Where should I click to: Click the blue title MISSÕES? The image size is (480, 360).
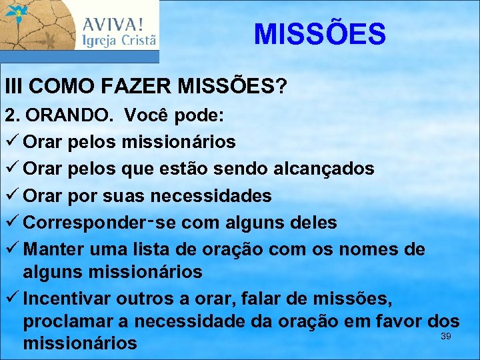pyautogui.click(x=319, y=34)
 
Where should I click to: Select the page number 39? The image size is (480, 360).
pyautogui.click(x=446, y=336)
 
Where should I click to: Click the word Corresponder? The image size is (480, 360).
pyautogui.click(x=83, y=223)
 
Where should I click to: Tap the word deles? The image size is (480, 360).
pyautogui.click(x=313, y=223)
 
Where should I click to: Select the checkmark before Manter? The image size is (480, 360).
pyautogui.click(x=11, y=249)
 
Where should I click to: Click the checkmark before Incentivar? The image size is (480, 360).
pyautogui.click(x=11, y=297)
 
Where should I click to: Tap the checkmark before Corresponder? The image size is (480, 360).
pyautogui.click(x=11, y=223)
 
